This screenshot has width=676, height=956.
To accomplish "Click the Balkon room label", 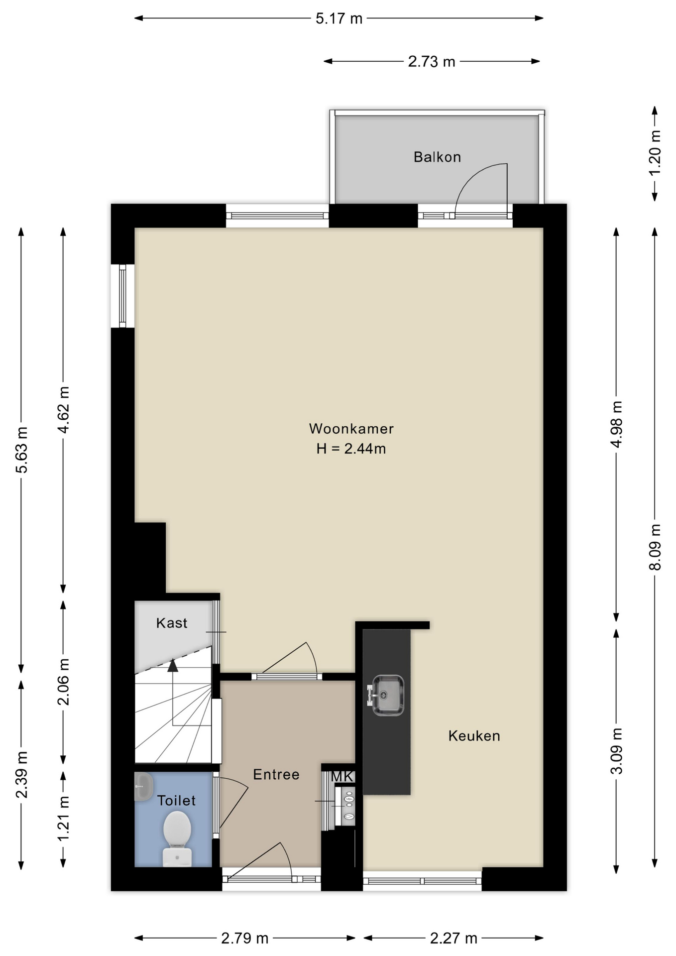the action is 437,157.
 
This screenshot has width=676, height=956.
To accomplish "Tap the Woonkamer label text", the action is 351,429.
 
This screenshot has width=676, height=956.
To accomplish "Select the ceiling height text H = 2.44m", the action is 351,449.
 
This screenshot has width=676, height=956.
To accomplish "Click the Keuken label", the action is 474,736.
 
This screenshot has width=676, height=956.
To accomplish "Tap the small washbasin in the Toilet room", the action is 143,787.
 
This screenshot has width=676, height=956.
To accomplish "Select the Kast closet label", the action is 172,623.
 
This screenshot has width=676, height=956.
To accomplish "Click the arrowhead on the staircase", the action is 173,665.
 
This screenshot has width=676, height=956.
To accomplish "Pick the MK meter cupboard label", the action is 342,776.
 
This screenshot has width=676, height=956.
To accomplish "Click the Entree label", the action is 276,774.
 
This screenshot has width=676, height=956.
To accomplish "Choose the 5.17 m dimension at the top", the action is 339,19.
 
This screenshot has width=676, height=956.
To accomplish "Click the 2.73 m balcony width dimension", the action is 432,62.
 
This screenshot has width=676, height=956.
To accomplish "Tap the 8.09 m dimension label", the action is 656,547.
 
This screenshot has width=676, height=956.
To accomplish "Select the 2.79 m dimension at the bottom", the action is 245,939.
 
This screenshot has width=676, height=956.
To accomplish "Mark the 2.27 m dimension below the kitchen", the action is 453,939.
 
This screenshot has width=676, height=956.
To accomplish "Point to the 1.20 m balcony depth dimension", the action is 656,152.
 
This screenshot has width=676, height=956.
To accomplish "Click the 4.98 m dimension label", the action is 617,424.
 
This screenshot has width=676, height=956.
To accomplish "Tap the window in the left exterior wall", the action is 122,296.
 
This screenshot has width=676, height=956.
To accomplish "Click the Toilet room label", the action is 176,801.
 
